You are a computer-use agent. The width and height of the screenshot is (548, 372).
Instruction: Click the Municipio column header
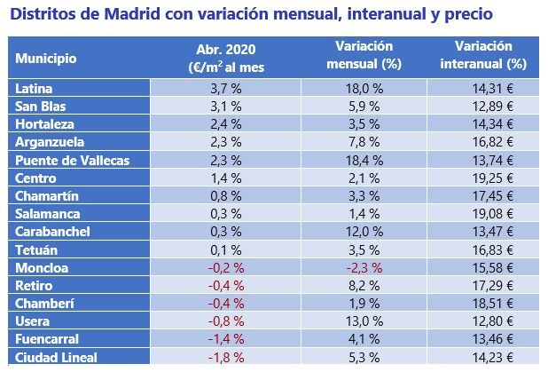click(x=45, y=59)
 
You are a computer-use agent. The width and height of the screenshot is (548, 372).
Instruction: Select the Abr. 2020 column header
click(x=226, y=57)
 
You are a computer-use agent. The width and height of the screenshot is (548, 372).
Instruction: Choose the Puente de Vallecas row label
click(x=73, y=160)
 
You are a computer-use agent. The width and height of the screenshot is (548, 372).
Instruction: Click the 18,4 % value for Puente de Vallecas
click(x=364, y=160)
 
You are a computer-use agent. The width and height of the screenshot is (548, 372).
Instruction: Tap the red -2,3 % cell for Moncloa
click(x=364, y=267)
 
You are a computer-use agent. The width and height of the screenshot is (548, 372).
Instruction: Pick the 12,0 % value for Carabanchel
click(x=364, y=232)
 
